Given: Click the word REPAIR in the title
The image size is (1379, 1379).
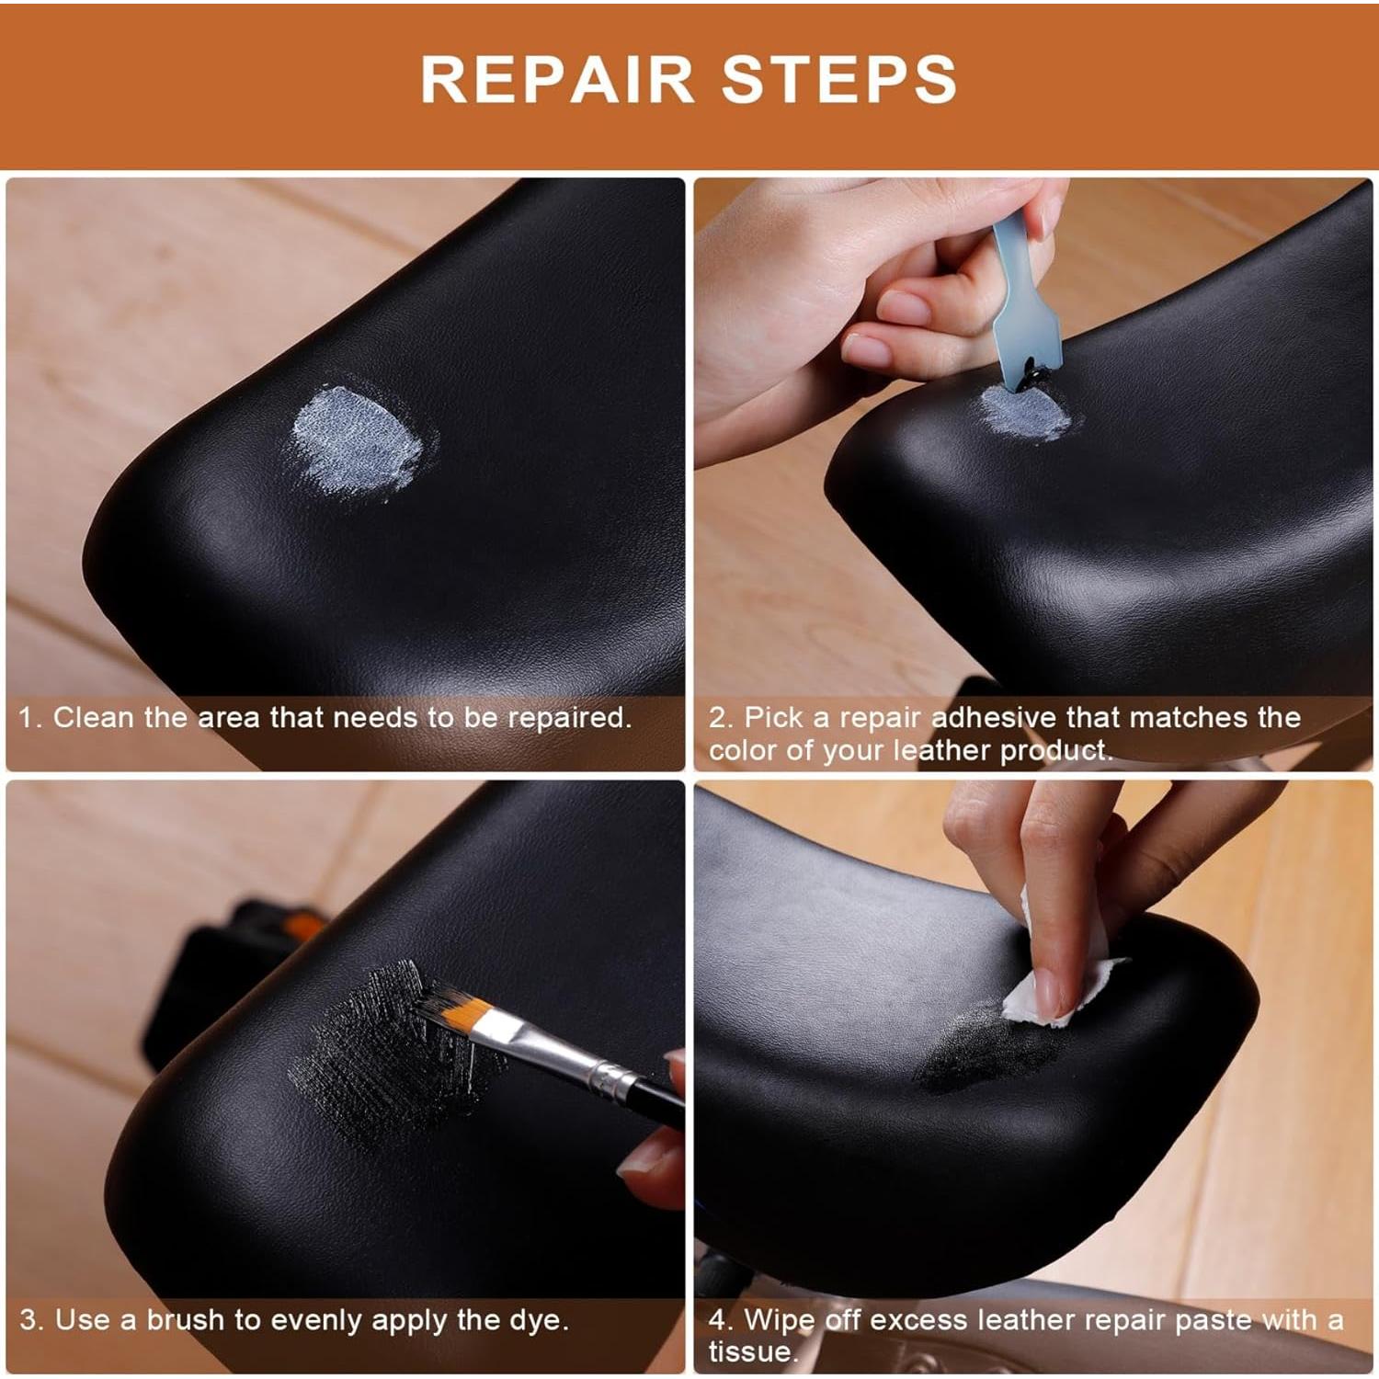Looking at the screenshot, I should (556, 80).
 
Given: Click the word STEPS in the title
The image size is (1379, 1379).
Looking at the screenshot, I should (838, 80).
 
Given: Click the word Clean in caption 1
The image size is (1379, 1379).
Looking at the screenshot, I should (93, 717).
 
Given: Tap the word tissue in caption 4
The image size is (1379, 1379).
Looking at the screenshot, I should (749, 1352).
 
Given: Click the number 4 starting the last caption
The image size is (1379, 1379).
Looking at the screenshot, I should (718, 1320).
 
